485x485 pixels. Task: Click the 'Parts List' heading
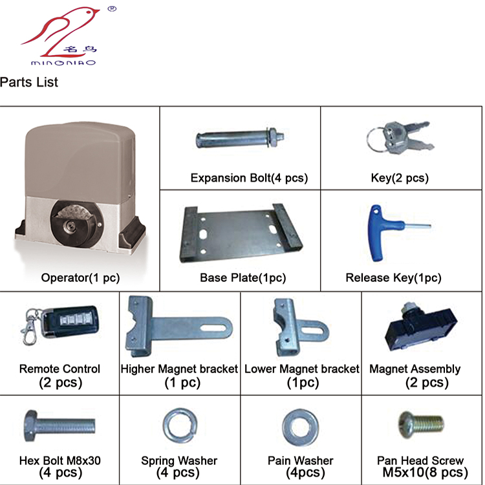point(28,82)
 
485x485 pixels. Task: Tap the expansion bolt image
point(240,138)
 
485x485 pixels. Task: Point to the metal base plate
point(241,233)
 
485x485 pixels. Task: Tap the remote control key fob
point(70,321)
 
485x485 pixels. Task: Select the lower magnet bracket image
point(299,327)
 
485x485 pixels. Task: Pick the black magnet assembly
point(421,328)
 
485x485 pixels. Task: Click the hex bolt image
point(59,426)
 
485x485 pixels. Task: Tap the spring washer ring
point(180,426)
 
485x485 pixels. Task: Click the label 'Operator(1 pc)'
point(80,277)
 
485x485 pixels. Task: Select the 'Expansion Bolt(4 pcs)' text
point(250,178)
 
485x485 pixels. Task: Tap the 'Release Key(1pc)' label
point(393,277)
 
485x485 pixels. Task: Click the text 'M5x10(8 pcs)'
point(425,472)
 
